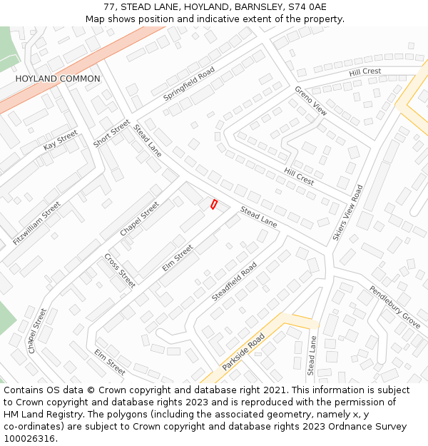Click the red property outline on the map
[x=213, y=204]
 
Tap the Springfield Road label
[x=189, y=83]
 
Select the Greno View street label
[x=311, y=101]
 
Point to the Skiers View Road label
[x=347, y=212]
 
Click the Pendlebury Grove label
[x=394, y=307]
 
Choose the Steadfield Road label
[x=234, y=281]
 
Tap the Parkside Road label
[x=243, y=351]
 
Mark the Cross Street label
[x=119, y=270]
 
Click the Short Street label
[x=111, y=133]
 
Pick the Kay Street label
[x=60, y=140]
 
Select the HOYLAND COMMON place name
[x=58, y=78]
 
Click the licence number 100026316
[x=31, y=439]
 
